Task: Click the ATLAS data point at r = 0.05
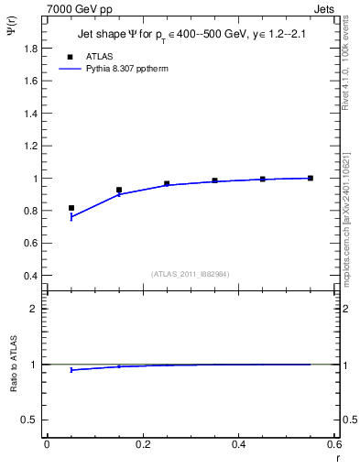coord(71,208)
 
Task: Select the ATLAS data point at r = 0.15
coord(119,190)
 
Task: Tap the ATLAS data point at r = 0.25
coord(167,183)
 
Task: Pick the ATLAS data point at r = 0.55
coord(311,178)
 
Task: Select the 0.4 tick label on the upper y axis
coord(32,276)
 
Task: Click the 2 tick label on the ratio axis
coord(36,309)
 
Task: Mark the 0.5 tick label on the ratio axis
coord(32,420)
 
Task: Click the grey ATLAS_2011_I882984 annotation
coord(191,273)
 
